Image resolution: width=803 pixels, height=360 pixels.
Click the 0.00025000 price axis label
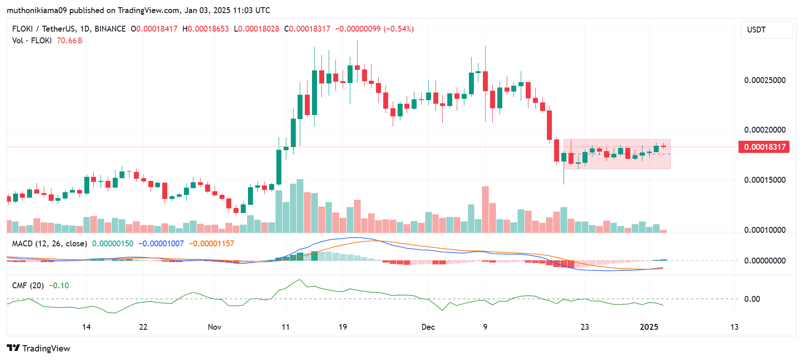tap(765, 80)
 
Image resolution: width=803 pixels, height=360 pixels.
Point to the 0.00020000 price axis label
tap(765, 130)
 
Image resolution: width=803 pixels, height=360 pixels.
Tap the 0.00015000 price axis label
tap(765, 180)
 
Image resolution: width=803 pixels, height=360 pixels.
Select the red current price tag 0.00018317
tap(764, 147)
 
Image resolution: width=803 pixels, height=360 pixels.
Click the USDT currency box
tap(766, 30)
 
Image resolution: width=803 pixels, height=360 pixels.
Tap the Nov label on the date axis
tap(215, 327)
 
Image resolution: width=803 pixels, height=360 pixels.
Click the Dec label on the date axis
tap(428, 327)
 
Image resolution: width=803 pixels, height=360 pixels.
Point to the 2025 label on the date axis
tap(649, 327)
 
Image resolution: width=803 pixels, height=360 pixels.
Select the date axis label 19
tap(343, 327)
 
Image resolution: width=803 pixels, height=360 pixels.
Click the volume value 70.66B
tap(69, 41)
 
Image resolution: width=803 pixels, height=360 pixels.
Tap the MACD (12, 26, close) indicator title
tap(50, 244)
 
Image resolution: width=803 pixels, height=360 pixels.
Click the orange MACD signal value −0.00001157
tap(211, 244)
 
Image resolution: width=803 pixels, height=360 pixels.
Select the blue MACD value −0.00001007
tap(161, 244)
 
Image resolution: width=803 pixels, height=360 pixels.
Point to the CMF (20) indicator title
tap(28, 286)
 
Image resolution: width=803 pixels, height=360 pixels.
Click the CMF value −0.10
tap(59, 286)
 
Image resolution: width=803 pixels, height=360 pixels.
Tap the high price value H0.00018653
tap(206, 29)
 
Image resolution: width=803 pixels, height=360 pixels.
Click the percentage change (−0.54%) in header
tap(399, 29)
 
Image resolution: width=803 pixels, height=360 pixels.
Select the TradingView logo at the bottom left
tap(39, 348)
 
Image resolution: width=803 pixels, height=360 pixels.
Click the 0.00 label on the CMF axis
tap(752, 299)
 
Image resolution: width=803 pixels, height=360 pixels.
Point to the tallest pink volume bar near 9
tap(485, 209)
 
